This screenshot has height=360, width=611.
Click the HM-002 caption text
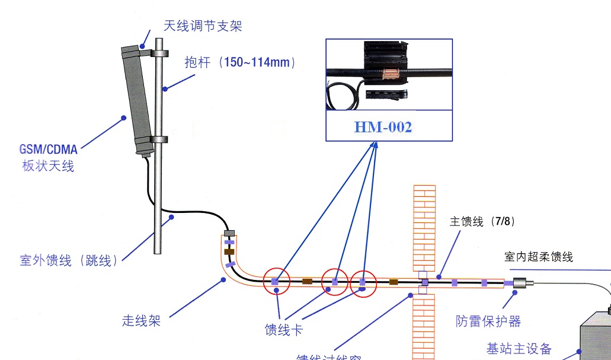coord(383,127)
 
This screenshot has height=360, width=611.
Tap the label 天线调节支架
coord(203,26)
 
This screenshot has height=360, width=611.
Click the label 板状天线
coord(48,166)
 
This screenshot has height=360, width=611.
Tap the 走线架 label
coord(141,321)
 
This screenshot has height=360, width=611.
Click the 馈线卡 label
coord(283,330)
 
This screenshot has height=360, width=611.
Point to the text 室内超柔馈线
coord(539,257)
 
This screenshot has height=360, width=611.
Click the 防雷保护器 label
coord(488,321)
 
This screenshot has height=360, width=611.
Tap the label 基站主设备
coord(519,349)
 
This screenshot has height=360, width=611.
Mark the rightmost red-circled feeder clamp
coord(363,283)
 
